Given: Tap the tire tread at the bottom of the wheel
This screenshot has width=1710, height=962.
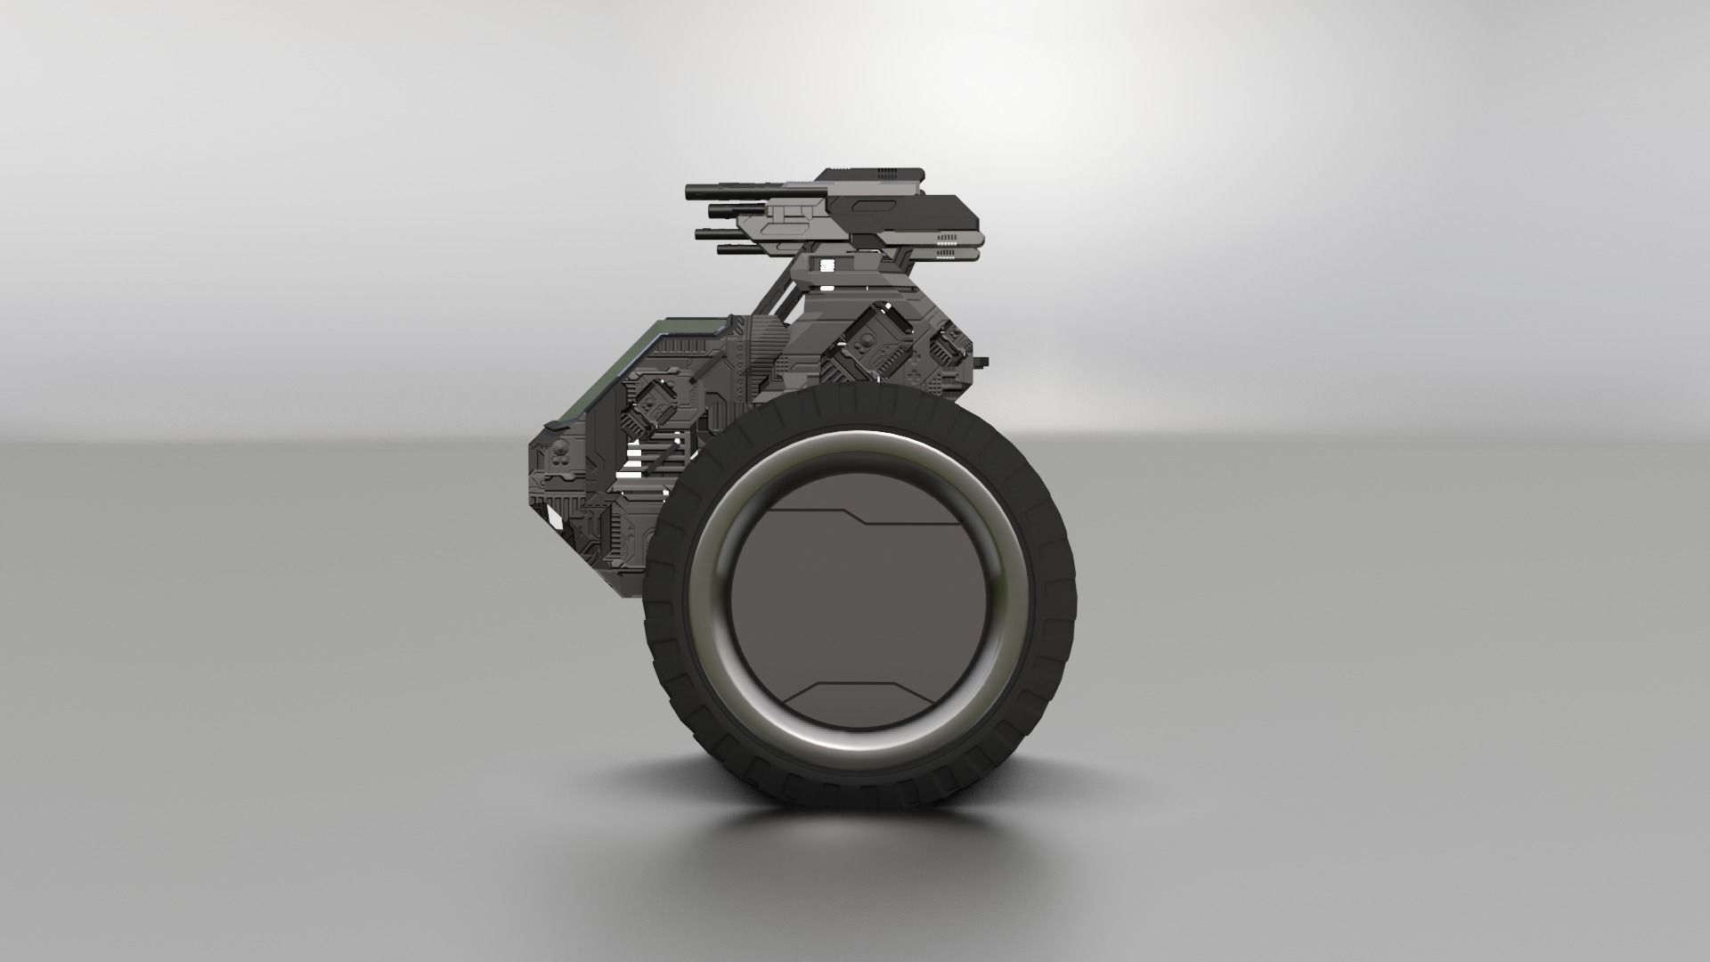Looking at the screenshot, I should (859, 788).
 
